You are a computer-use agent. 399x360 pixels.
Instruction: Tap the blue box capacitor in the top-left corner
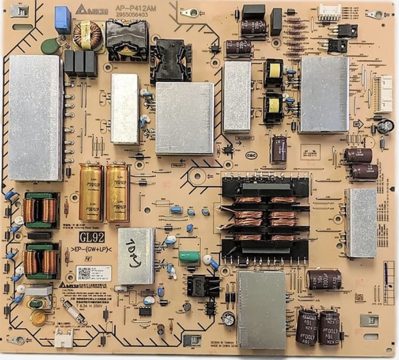point(62,18)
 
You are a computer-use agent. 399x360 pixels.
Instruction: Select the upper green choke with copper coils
point(39,210)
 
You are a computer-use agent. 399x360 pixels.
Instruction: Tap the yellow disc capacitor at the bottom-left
point(38,317)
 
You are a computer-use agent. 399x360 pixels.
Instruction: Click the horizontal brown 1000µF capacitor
point(324,279)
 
